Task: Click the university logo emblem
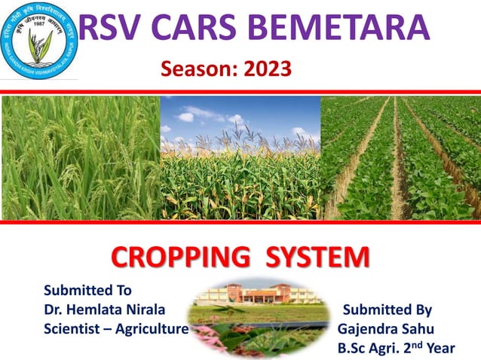coord(39,41)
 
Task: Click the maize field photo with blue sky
coord(240,157)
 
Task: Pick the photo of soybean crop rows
coord(400,157)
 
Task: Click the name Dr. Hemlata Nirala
coord(105,310)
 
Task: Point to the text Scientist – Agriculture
coord(116,328)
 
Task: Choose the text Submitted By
coord(388,310)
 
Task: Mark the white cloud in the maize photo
coord(186,117)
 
